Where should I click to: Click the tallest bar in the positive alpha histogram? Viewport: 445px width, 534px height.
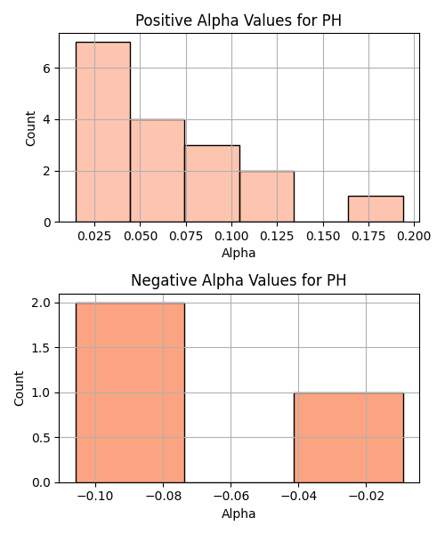tap(103, 132)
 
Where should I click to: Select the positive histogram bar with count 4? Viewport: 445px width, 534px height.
tap(158, 171)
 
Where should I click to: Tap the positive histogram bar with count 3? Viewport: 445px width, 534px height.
tap(213, 183)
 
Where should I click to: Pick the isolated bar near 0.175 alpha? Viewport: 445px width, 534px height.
tap(376, 209)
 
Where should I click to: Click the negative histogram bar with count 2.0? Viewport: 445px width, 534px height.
tap(131, 392)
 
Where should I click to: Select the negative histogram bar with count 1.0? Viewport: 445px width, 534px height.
tap(349, 438)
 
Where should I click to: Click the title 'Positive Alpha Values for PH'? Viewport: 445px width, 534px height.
tap(239, 20)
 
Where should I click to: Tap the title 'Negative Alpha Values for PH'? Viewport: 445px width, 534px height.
tap(239, 280)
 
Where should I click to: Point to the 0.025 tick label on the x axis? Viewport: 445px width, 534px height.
tap(94, 236)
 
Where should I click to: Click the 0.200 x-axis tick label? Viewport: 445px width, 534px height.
tap(414, 236)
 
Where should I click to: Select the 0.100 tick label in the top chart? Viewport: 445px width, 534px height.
tap(231, 236)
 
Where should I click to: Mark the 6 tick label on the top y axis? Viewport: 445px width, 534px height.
tap(47, 69)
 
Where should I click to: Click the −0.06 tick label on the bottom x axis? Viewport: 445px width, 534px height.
tap(231, 497)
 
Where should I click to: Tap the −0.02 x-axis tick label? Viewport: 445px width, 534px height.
tap(367, 497)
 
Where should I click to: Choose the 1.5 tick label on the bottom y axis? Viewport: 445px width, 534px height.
tap(41, 348)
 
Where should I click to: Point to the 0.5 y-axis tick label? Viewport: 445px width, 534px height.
tap(41, 438)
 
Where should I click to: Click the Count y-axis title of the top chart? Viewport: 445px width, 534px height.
tap(30, 128)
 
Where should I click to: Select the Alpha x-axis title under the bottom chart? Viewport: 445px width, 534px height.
tap(239, 514)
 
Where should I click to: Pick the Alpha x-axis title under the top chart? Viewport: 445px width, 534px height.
tap(239, 253)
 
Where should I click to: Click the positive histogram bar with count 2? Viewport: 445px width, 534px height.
tap(267, 197)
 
